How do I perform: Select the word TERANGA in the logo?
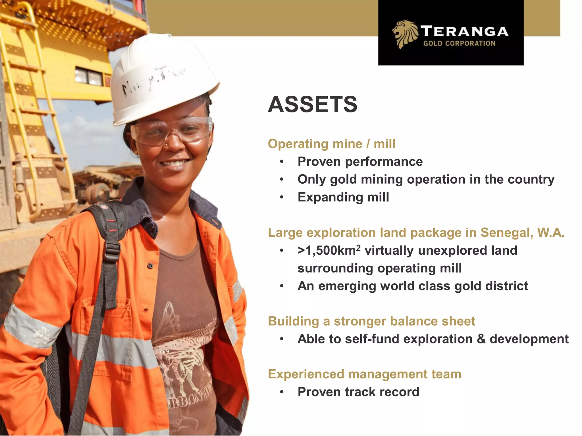(464, 31)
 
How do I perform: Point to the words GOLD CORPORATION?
(459, 43)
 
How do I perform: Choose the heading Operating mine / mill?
(331, 144)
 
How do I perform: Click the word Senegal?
(506, 232)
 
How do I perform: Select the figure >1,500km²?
(329, 250)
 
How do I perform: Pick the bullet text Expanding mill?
(343, 197)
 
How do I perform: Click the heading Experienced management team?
(364, 374)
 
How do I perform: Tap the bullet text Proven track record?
(358, 392)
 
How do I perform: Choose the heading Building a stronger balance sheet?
(371, 321)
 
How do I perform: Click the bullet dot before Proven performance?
(282, 162)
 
